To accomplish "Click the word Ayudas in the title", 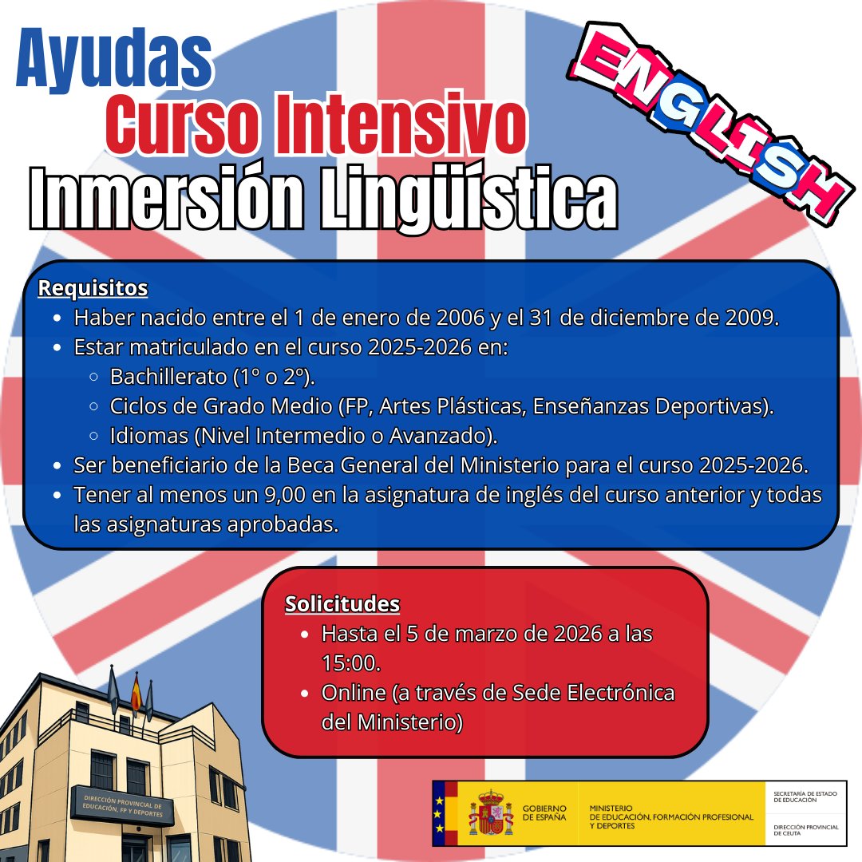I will point(114,61).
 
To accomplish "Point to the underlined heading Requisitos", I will point(93,287).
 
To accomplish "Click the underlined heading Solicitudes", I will point(342,604).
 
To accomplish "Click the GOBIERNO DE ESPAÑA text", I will point(544,813).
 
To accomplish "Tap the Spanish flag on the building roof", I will point(135,691).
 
